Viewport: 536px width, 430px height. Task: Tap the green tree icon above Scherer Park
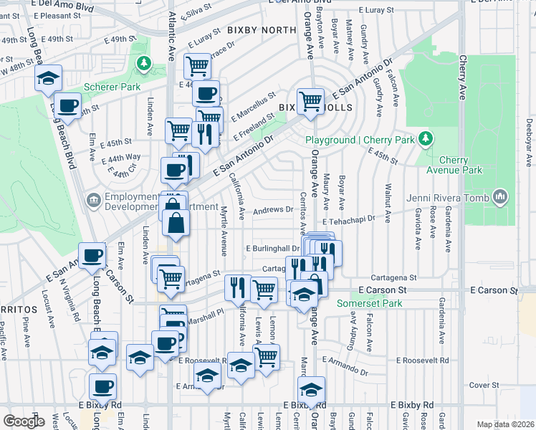pyautogui.click(x=145, y=64)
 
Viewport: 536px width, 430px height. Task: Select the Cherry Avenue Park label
pyautogui.click(x=459, y=166)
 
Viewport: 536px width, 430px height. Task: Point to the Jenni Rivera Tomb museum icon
pyautogui.click(x=500, y=197)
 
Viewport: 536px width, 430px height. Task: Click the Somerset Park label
pyautogui.click(x=370, y=304)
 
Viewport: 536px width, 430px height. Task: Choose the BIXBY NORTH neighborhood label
pyautogui.click(x=262, y=30)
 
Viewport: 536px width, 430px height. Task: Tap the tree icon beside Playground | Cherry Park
pyautogui.click(x=426, y=138)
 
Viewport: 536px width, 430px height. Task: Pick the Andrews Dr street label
pyautogui.click(x=273, y=210)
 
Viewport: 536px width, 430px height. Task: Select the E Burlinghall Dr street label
pyautogui.click(x=272, y=249)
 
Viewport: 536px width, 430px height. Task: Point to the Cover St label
pyautogui.click(x=484, y=385)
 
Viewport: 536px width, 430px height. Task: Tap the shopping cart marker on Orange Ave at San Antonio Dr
pyautogui.click(x=310, y=101)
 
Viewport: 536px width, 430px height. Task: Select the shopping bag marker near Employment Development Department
pyautogui.click(x=176, y=223)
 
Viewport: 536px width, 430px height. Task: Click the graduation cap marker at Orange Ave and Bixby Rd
pyautogui.click(x=311, y=390)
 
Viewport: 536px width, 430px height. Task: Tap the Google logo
pyautogui.click(x=24, y=421)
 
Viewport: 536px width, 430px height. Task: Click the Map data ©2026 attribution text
pyautogui.click(x=505, y=424)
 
